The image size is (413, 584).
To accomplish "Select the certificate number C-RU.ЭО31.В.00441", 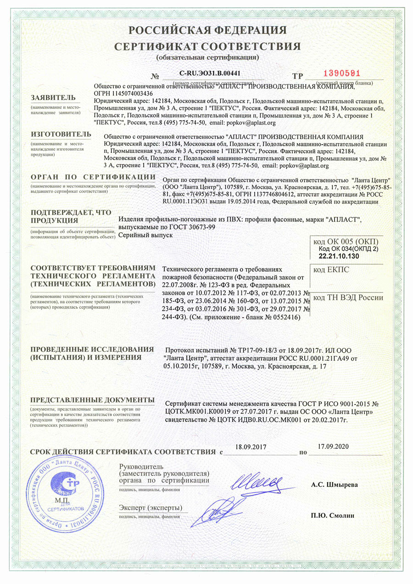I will (210, 73).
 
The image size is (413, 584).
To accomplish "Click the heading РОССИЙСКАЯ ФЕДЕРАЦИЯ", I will (207, 30).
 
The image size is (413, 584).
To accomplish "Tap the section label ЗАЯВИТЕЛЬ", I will (50, 98).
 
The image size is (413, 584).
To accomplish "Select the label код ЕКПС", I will (331, 270).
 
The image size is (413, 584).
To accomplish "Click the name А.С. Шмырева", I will (335, 484).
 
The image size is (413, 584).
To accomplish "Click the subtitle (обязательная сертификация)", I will (207, 57).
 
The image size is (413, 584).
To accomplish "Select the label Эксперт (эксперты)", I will (150, 508).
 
